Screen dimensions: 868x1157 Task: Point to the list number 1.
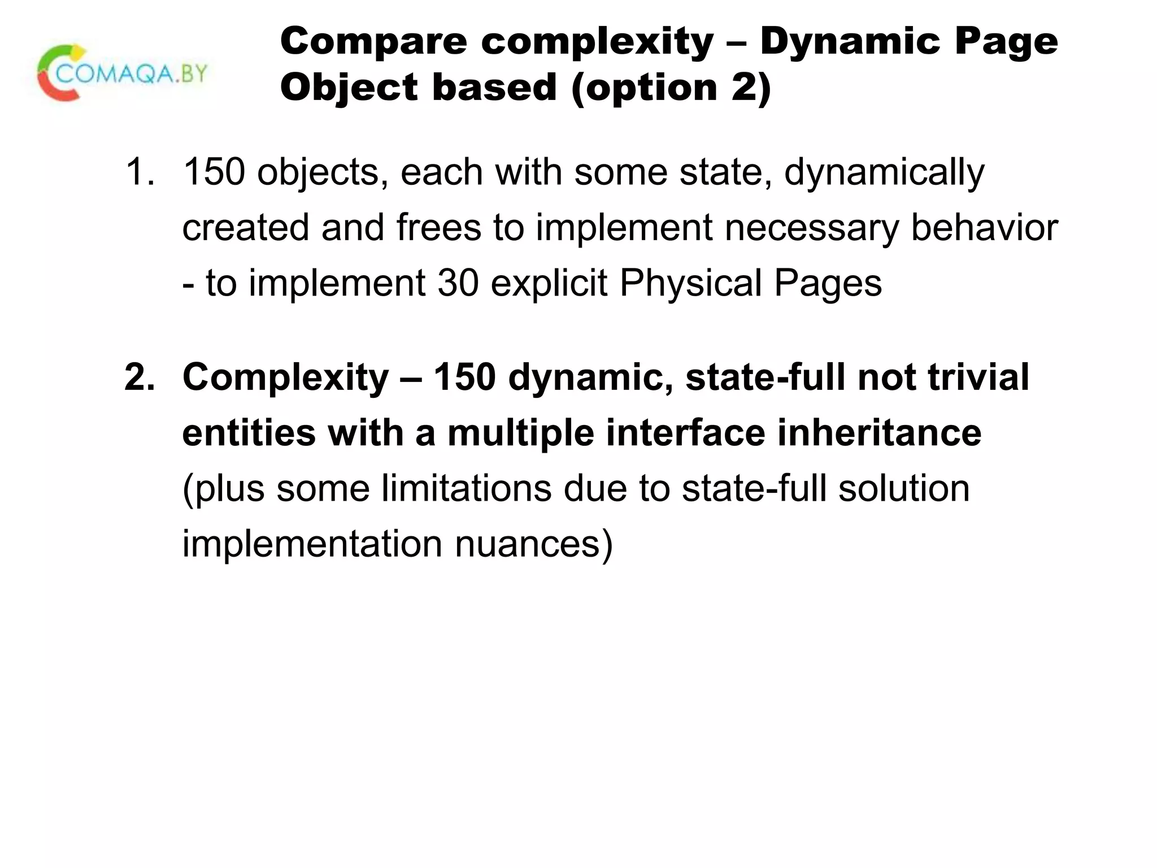point(138,172)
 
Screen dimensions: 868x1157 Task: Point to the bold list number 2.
point(138,377)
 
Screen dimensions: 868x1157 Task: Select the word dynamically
point(884,172)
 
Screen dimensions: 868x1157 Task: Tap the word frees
point(438,227)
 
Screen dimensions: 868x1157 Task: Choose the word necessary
point(812,227)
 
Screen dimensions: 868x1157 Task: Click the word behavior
point(984,227)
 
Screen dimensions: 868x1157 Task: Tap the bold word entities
point(249,433)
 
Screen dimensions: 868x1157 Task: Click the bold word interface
point(685,433)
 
